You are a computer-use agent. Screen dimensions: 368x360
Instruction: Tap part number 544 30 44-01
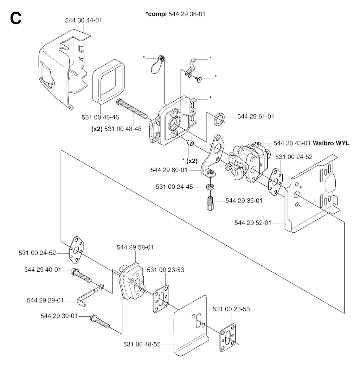(83, 20)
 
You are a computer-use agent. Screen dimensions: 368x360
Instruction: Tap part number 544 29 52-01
(252, 222)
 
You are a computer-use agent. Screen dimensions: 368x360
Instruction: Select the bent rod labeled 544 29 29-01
(88, 295)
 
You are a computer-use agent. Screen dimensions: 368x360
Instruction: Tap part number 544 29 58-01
(135, 247)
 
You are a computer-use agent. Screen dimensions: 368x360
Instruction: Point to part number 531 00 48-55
(142, 344)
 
